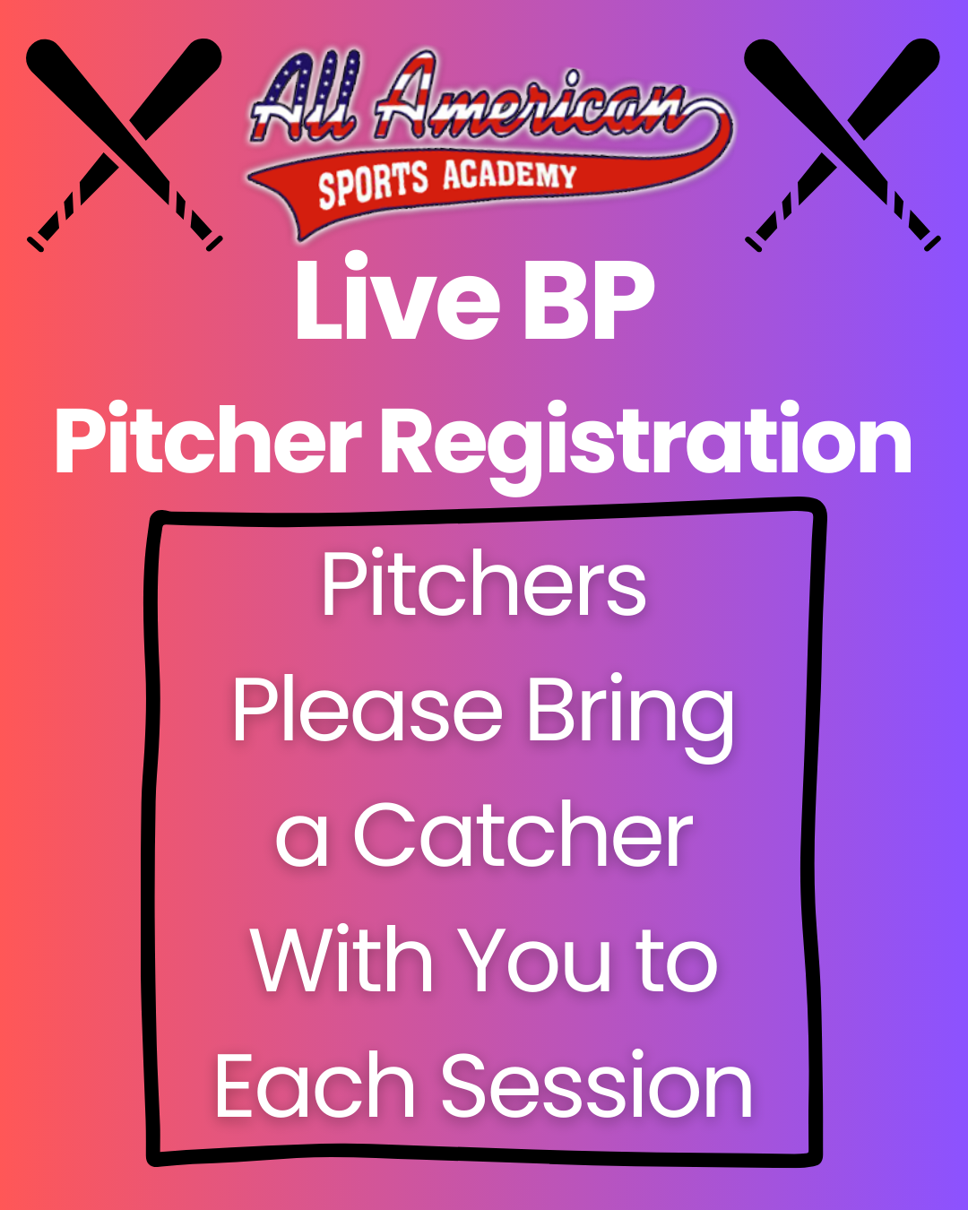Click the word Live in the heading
(x=397, y=297)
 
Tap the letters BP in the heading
(x=589, y=299)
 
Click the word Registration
(x=646, y=447)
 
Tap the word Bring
(x=630, y=717)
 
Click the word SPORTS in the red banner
(x=373, y=185)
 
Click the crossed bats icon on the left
(x=125, y=145)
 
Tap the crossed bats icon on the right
(x=842, y=145)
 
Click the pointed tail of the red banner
(x=301, y=235)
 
